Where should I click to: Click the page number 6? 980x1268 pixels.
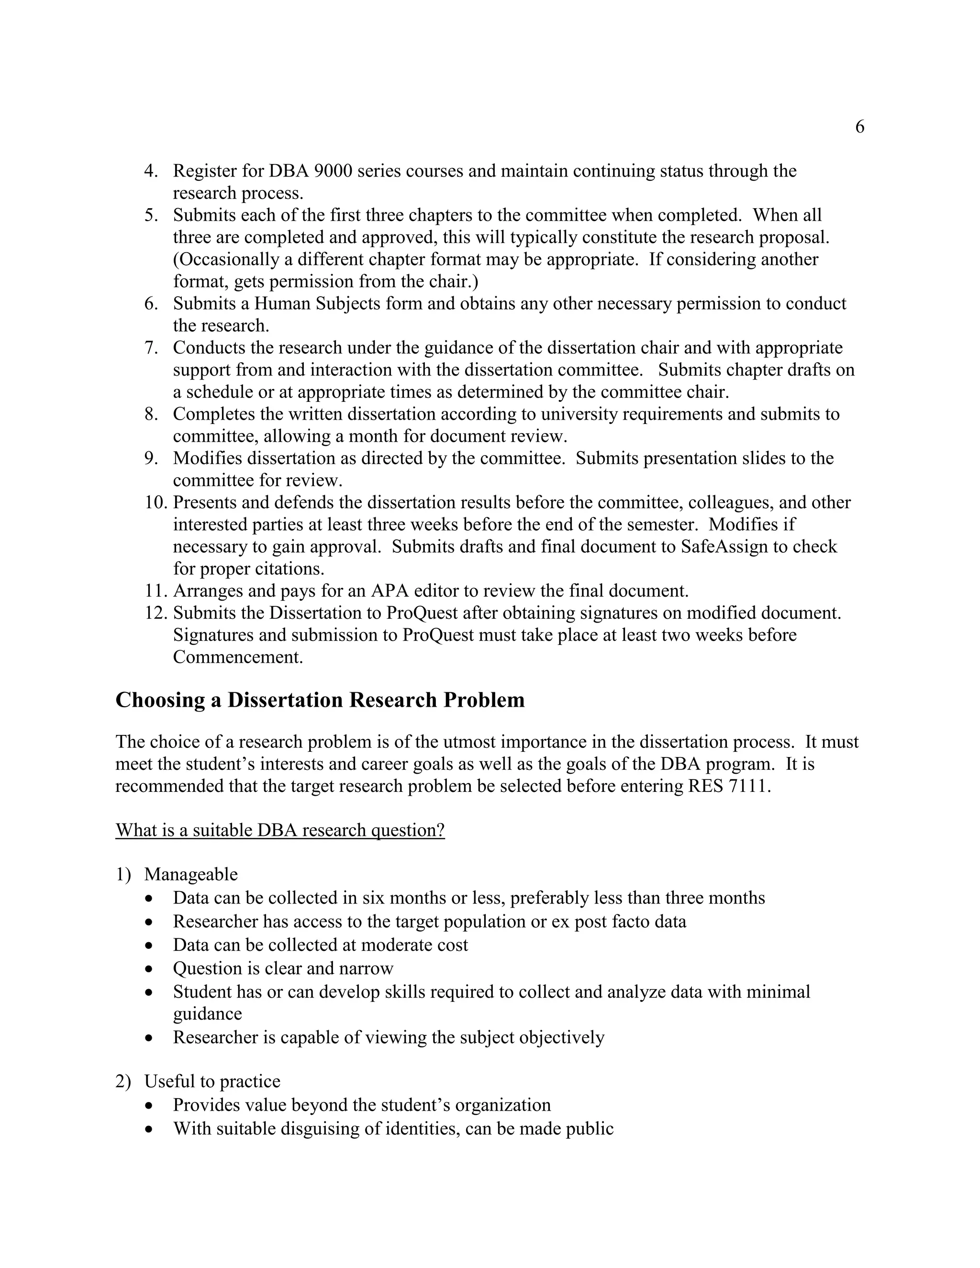pos(859,127)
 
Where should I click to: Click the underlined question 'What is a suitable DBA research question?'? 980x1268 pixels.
pos(280,830)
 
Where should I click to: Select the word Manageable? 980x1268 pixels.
pos(191,874)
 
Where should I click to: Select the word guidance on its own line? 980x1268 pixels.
pos(207,1014)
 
